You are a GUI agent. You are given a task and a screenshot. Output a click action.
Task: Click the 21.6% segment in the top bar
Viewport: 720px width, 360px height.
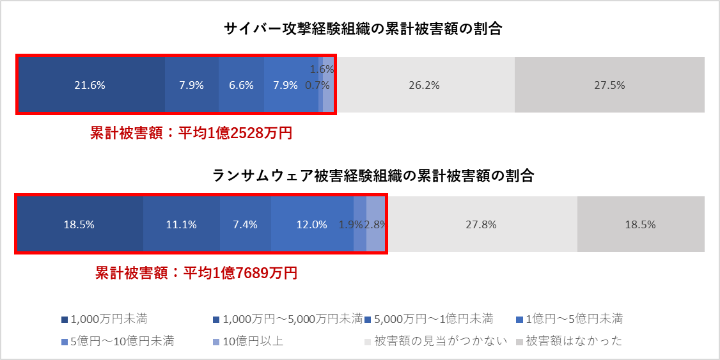(90, 85)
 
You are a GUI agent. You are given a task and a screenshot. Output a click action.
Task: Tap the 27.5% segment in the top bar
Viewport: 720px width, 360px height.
(609, 85)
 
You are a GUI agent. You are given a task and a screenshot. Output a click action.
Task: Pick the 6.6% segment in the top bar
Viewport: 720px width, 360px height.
(241, 85)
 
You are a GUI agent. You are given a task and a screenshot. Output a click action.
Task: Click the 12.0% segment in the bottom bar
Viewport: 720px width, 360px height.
(311, 224)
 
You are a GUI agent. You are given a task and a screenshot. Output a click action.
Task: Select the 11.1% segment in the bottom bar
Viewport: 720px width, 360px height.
(181, 224)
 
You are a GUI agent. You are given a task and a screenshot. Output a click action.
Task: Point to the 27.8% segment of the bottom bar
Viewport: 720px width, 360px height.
(483, 224)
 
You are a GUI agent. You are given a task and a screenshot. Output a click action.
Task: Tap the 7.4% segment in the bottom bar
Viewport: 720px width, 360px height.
(245, 224)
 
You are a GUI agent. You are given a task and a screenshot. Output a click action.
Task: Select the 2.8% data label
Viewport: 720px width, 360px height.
(375, 224)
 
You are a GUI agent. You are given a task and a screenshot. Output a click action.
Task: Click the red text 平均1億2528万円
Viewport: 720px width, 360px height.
(191, 133)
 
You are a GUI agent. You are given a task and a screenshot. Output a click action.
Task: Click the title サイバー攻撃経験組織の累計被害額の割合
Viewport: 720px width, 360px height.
(363, 29)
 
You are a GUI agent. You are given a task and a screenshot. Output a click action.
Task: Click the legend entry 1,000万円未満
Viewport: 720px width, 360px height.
(109, 318)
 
